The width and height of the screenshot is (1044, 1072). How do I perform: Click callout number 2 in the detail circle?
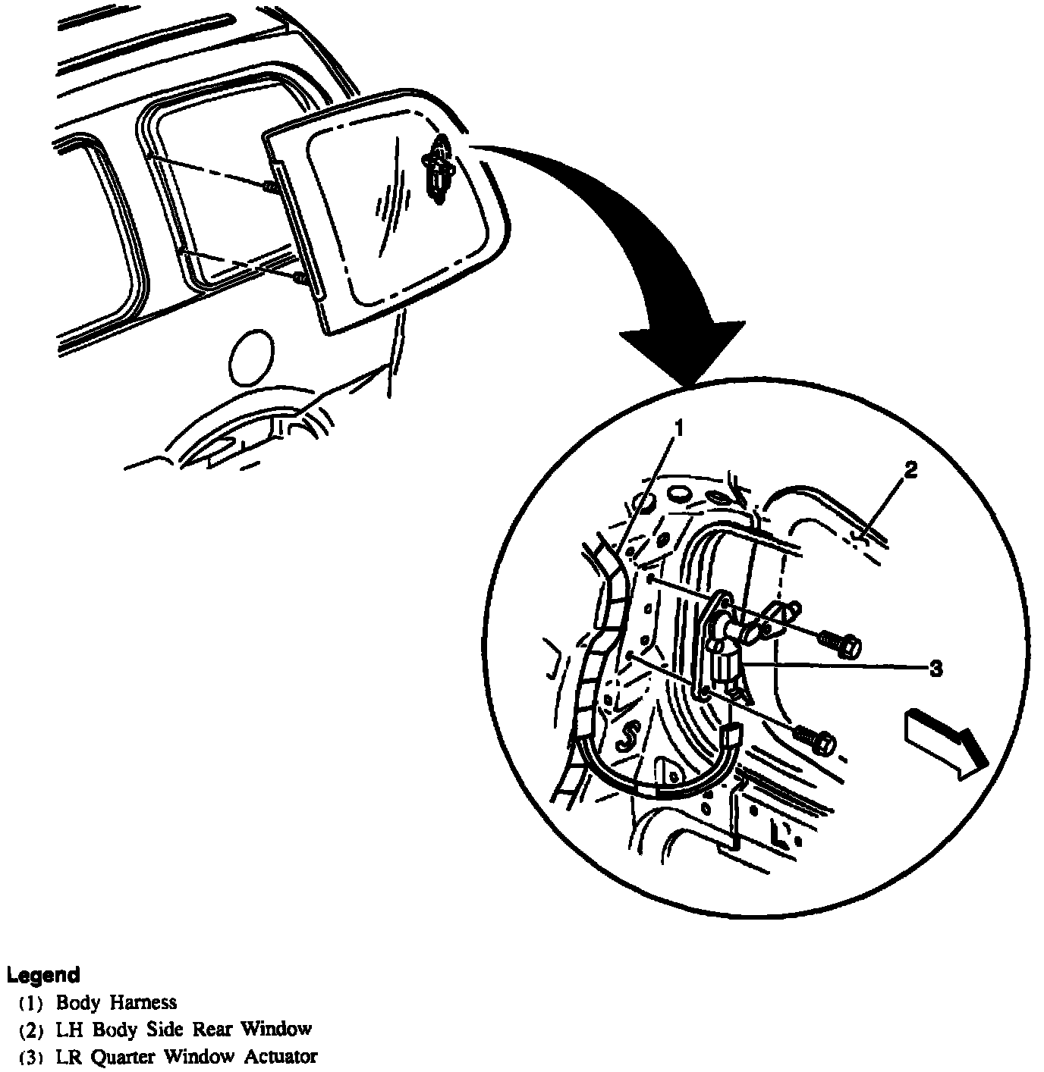click(x=910, y=470)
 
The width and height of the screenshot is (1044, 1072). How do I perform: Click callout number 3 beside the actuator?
click(x=936, y=668)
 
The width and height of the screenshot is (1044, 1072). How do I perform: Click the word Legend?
click(x=43, y=974)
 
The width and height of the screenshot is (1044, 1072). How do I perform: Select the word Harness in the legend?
click(x=143, y=1002)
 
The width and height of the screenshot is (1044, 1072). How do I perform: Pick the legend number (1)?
click(x=33, y=1003)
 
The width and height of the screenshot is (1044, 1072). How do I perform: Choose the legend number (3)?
click(x=33, y=1057)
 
